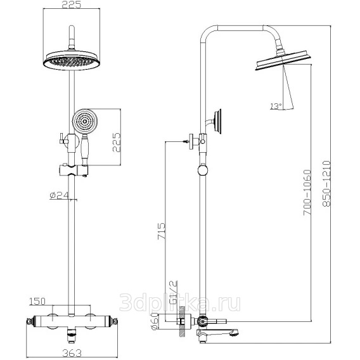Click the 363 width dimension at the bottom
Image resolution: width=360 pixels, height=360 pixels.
[72, 352]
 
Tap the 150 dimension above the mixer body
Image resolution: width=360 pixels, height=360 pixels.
[37, 301]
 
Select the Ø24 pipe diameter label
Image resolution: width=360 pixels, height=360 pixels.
[59, 195]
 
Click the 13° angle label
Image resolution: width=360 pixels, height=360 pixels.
[276, 106]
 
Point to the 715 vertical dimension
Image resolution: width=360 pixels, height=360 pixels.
[161, 231]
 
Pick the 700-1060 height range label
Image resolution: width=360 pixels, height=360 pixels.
[307, 193]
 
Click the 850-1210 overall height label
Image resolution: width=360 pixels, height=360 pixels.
[326, 183]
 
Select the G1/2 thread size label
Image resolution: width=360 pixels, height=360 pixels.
[174, 292]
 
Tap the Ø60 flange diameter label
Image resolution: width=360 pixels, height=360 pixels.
[155, 322]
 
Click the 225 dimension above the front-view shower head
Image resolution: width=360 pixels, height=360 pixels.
[72, 4]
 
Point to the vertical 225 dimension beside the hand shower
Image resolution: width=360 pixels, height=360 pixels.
[117, 142]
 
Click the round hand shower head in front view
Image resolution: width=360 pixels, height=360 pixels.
[85, 121]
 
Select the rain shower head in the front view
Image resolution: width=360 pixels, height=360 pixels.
[72, 60]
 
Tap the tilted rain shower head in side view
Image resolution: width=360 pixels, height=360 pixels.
[283, 60]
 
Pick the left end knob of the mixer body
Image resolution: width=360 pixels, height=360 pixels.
[29, 321]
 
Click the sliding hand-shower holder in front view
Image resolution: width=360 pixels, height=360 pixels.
[74, 170]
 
